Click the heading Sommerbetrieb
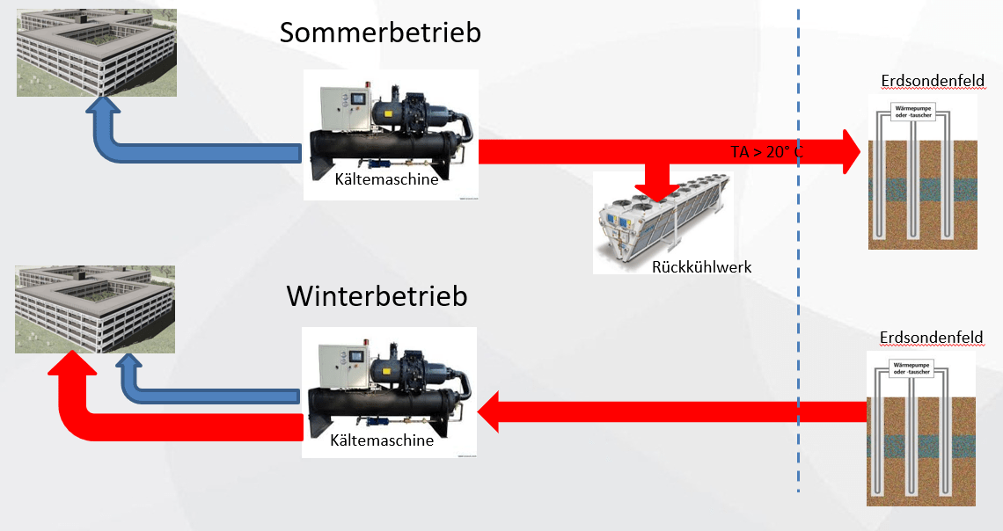pos(380,33)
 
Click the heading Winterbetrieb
pos(377,295)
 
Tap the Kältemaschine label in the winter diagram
pos(382,440)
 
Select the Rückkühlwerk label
pos(701,266)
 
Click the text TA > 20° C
pos(766,151)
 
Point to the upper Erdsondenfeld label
pos(932,82)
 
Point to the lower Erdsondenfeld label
pos(931,338)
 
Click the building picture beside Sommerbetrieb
pos(96,53)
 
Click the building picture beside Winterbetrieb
pos(95,309)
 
